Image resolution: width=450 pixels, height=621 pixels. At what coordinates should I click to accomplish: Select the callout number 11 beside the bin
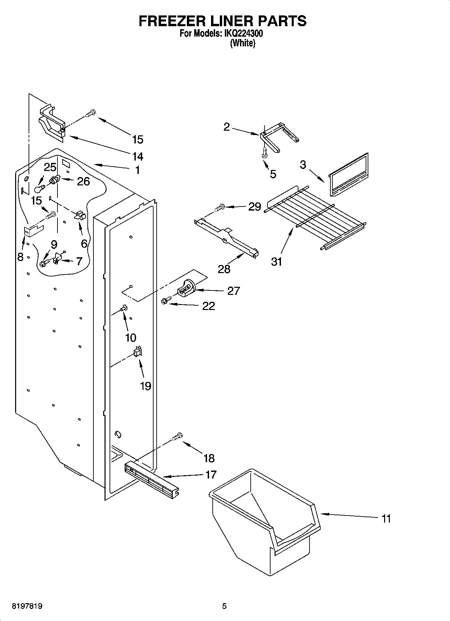[386, 519]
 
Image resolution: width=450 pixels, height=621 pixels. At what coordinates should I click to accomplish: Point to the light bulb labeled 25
[39, 185]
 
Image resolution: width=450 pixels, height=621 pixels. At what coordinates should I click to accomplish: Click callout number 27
[233, 291]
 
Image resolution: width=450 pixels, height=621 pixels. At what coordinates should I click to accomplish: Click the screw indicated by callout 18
[177, 437]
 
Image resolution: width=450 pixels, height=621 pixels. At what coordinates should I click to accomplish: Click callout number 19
[145, 386]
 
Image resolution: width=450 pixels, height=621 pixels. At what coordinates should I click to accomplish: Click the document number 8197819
[27, 606]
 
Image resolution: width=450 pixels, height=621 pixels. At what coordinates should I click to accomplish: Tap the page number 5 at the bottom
[224, 606]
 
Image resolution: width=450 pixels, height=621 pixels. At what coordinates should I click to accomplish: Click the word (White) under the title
[242, 43]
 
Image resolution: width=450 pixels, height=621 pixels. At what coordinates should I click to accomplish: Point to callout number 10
[130, 338]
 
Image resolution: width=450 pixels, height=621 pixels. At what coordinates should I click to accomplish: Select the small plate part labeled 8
[32, 231]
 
